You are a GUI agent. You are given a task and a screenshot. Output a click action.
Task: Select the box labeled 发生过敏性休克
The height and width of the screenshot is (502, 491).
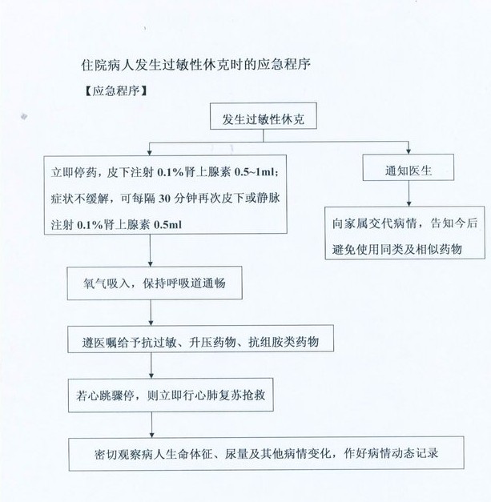coord(264,120)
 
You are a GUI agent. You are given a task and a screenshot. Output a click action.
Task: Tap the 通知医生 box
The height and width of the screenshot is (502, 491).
coord(408,170)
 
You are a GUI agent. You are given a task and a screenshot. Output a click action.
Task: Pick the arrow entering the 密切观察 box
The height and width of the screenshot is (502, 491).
coord(151,425)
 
